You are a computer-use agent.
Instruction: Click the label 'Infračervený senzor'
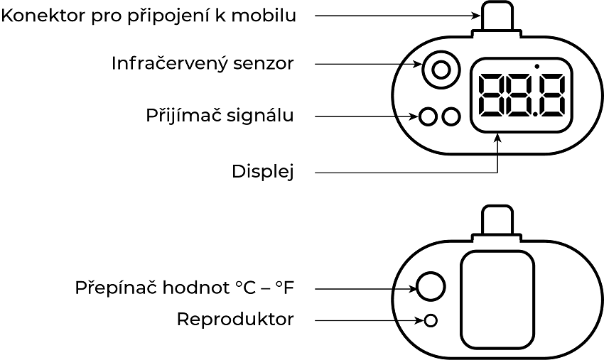[x=203, y=63]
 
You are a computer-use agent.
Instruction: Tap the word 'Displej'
[x=262, y=172]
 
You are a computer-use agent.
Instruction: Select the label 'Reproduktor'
[x=234, y=320]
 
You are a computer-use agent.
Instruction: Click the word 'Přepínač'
[x=115, y=288]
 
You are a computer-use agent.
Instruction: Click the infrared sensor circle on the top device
[x=441, y=70]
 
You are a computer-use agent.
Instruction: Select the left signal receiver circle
[x=428, y=116]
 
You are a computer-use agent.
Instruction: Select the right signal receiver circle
[x=451, y=116]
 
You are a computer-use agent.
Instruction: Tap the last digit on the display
[x=553, y=96]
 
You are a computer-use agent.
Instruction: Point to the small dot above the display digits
[x=536, y=67]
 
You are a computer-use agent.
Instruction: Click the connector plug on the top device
[x=497, y=16]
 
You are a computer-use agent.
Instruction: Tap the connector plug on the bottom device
[x=497, y=221]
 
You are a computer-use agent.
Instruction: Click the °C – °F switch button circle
[x=431, y=286]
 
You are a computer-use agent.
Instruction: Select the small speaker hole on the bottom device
[x=430, y=320]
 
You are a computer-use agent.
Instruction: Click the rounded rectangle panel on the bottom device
[x=497, y=299]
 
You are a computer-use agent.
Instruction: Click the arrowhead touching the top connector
[x=475, y=15]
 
